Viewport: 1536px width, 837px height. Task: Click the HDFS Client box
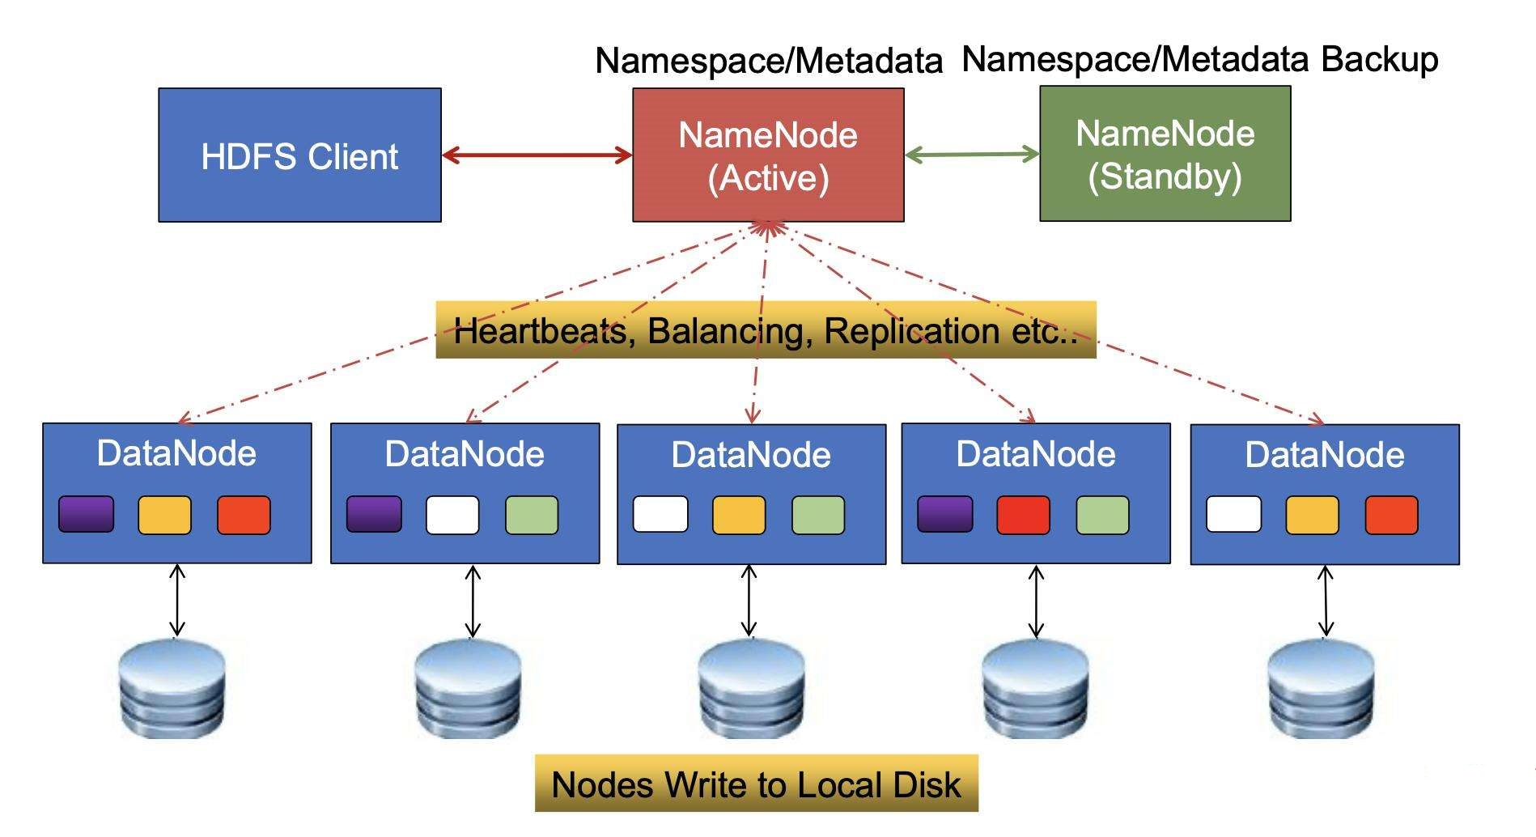[x=299, y=155]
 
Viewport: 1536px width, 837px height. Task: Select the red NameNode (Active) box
[x=767, y=155]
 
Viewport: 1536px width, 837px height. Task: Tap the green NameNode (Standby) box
[x=1165, y=154]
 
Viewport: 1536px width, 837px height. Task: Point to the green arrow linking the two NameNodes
[x=971, y=154]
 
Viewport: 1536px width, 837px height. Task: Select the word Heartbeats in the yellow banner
[x=539, y=331]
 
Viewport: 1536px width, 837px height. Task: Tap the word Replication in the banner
[x=912, y=331]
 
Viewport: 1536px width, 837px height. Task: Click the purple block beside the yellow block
[x=87, y=515]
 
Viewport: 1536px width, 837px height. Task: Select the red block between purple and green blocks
[x=1023, y=516]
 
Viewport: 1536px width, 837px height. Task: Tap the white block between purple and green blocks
[x=452, y=516]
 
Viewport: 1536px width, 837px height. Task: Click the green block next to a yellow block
[x=817, y=516]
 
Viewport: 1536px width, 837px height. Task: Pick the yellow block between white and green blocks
[x=738, y=516]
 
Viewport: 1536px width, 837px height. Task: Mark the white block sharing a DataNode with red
[x=1233, y=515]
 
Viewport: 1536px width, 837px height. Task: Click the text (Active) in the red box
[x=768, y=178]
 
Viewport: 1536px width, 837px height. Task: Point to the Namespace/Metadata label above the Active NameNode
[x=768, y=62]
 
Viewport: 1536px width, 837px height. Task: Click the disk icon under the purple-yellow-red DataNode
[x=172, y=688]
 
